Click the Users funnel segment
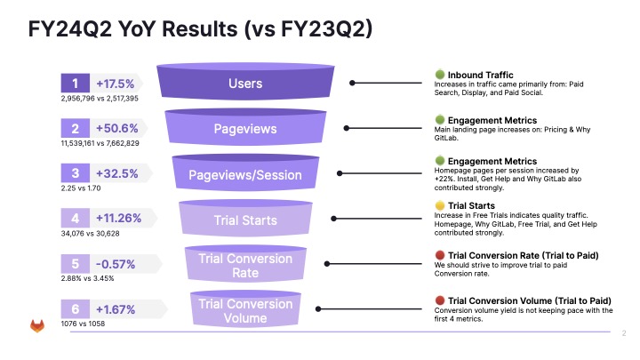click(244, 83)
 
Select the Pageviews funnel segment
click(244, 128)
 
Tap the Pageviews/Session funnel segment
click(244, 174)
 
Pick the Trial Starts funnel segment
click(244, 220)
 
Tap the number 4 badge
click(75, 219)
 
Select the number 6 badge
click(75, 310)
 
